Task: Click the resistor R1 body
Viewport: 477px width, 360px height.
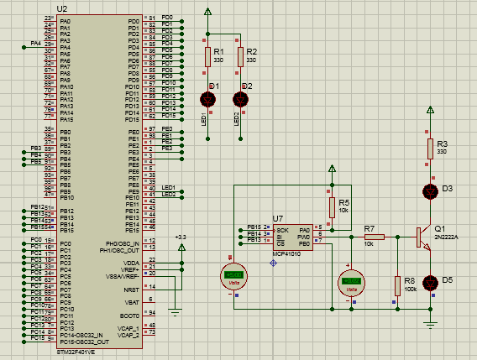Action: [207, 56]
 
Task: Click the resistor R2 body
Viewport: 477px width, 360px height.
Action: [240, 56]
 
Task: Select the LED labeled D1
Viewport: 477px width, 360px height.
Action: [207, 99]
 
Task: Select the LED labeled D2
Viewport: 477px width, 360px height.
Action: [240, 99]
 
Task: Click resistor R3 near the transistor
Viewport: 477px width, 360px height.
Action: [430, 149]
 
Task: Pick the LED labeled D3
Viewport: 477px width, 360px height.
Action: [430, 191]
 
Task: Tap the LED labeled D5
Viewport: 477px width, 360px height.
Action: [430, 282]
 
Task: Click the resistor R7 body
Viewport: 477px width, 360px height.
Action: [374, 237]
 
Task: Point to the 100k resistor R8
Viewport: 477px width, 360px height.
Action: [396, 285]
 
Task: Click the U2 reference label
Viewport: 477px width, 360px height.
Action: [62, 8]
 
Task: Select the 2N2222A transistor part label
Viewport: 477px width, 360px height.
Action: [445, 237]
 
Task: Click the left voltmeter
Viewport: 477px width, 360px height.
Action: [233, 275]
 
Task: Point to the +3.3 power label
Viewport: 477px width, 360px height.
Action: [181, 237]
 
